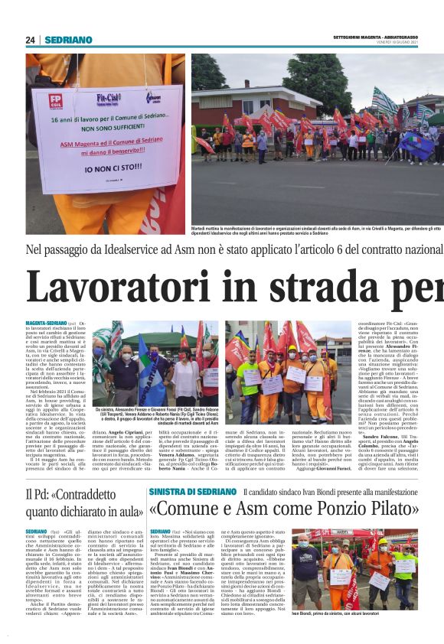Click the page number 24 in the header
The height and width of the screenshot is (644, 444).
click(31, 40)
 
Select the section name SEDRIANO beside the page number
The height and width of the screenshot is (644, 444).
click(68, 40)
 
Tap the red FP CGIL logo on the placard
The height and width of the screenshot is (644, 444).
click(57, 99)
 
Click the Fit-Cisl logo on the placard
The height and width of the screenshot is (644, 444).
click(107, 98)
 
